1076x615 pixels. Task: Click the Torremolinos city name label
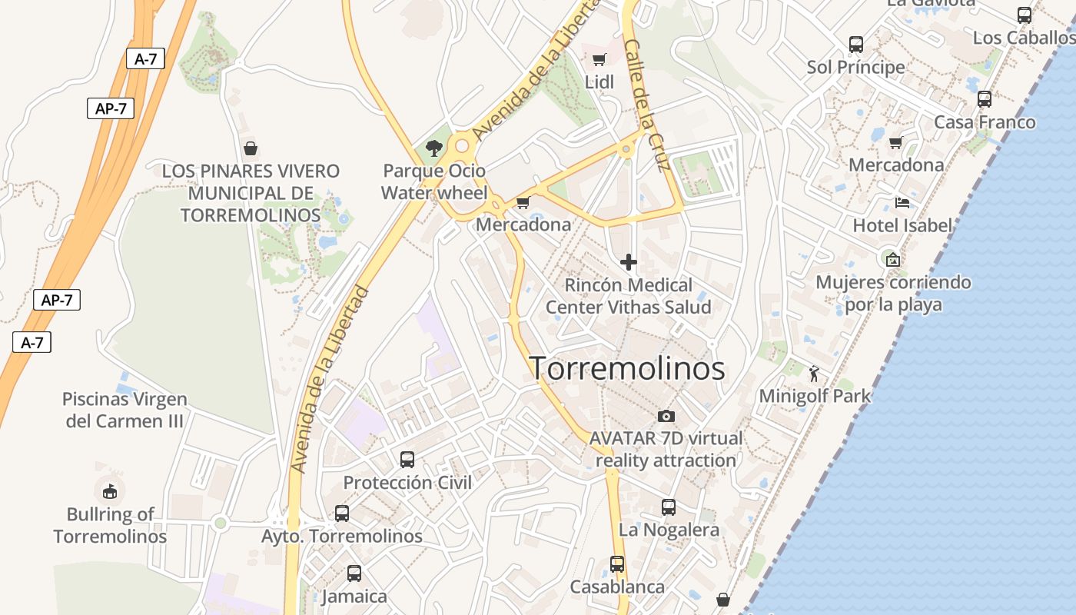[627, 369]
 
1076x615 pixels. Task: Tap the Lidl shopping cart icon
[599, 59]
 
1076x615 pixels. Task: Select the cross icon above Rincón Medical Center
[629, 262]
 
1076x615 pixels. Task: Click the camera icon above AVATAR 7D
[666, 416]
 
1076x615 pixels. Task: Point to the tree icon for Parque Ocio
[434, 148]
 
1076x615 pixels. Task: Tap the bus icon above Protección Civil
[407, 460]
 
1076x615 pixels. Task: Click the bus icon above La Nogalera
[669, 507]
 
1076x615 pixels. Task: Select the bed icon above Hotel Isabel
[902, 203]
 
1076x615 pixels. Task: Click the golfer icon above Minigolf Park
[815, 374]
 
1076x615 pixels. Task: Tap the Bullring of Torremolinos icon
[110, 490]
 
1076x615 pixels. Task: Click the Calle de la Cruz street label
[648, 105]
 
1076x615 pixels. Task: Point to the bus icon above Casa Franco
[985, 99]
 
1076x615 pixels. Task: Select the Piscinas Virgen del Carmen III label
[125, 410]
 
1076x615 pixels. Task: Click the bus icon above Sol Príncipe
[856, 45]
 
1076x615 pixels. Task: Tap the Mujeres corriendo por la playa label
[893, 293]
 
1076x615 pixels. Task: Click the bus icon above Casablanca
[617, 564]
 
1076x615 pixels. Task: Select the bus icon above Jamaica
[354, 573]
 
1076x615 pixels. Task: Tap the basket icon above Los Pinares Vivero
[250, 148]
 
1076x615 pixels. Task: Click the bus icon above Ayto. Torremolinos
[342, 514]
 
